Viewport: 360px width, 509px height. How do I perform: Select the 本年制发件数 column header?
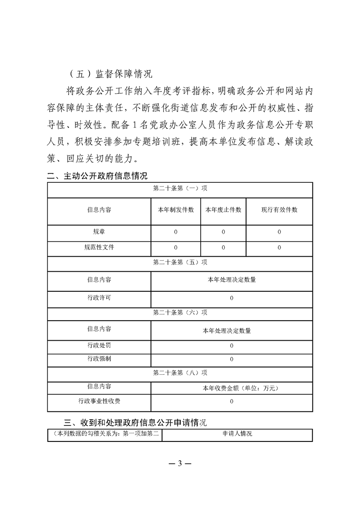coord(176,210)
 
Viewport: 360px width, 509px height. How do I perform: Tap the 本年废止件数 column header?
coord(223,210)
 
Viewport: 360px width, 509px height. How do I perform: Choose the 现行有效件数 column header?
coord(279,210)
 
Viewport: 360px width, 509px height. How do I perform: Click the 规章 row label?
coord(99,232)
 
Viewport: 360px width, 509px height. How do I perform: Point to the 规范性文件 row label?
coord(99,248)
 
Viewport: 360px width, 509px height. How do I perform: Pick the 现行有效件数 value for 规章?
coord(279,232)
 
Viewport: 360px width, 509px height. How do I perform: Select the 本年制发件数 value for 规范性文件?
coord(176,248)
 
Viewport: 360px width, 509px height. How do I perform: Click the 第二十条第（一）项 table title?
coord(180,189)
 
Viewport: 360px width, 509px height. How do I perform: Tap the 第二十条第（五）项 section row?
coord(180,263)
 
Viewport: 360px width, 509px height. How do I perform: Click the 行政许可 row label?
coord(99,298)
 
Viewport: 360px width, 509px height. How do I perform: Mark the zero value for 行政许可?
coord(232,298)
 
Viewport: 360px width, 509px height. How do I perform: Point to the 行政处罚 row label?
coord(99,346)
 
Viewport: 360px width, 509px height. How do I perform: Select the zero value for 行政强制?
coord(232,359)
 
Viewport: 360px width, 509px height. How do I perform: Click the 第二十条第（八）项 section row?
coord(180,373)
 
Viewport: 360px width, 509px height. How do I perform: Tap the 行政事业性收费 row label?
coord(99,401)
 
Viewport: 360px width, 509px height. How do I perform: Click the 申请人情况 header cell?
coord(237,434)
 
